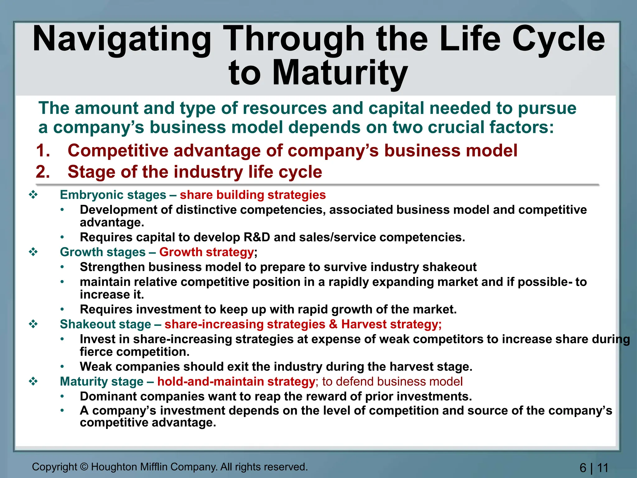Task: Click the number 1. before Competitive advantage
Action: tap(43, 151)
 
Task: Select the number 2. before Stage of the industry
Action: tap(43, 172)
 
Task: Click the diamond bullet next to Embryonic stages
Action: tap(33, 195)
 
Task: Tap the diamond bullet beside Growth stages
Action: tap(33, 252)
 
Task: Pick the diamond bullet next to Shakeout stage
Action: tap(33, 324)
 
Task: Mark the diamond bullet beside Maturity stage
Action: tap(33, 382)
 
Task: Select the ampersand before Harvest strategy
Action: tap(333, 324)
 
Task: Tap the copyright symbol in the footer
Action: tap(84, 467)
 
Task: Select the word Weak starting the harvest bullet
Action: tap(95, 367)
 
